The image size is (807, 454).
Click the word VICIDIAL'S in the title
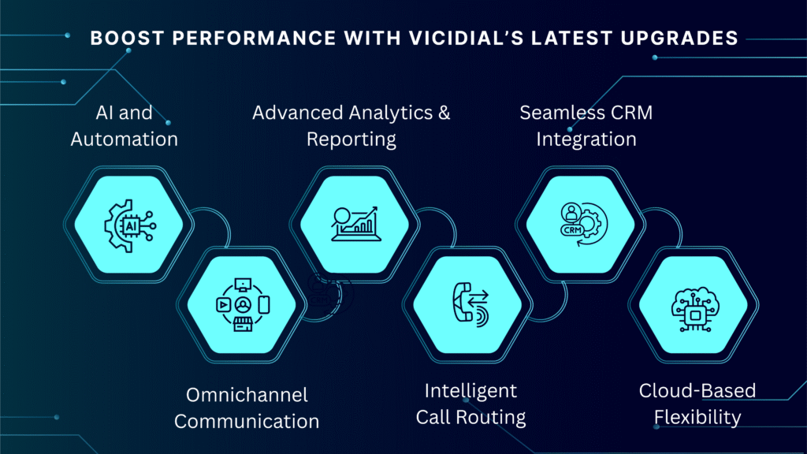(x=467, y=38)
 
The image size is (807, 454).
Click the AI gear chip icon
(x=130, y=225)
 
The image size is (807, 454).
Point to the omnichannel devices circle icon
(x=243, y=305)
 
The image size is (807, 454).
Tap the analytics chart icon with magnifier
(x=355, y=224)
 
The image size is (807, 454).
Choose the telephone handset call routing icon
(x=470, y=304)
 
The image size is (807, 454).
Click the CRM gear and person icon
(x=584, y=224)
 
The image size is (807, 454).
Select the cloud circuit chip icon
(x=695, y=309)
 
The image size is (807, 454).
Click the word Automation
(x=124, y=139)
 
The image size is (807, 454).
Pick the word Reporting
(x=351, y=140)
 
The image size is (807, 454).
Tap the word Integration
(x=586, y=140)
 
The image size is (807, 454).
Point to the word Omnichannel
(x=247, y=395)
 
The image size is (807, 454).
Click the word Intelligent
(x=470, y=391)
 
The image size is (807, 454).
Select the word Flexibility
(x=697, y=418)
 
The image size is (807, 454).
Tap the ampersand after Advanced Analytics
(x=444, y=113)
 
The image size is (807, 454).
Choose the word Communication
(x=247, y=422)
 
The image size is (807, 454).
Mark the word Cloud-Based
(x=697, y=391)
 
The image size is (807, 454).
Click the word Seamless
(x=557, y=113)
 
